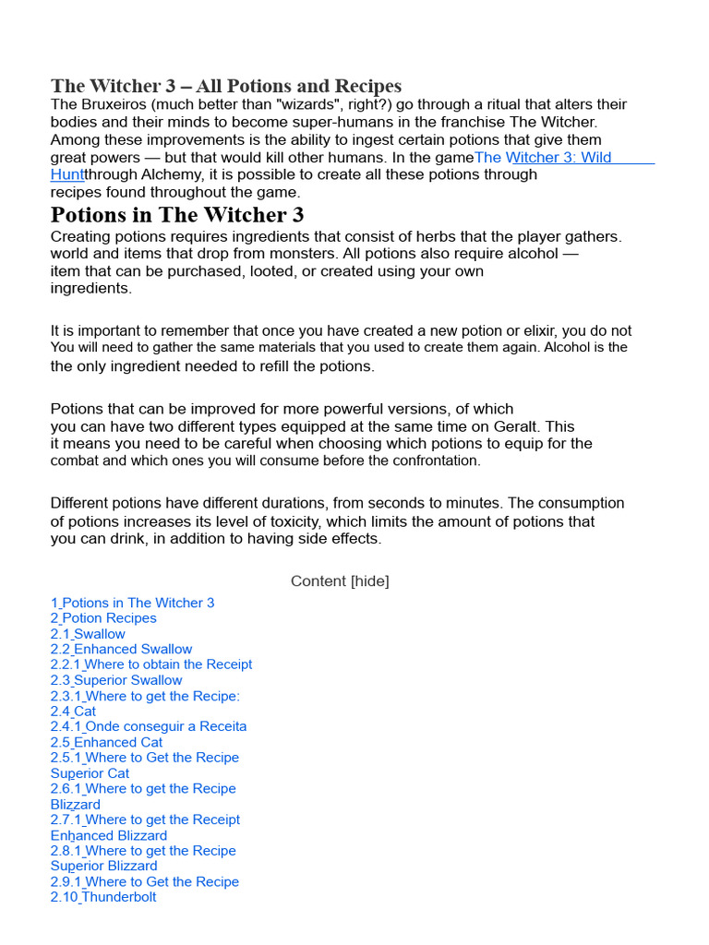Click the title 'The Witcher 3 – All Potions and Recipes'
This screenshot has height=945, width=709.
click(226, 87)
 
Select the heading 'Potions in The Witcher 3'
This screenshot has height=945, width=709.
click(177, 215)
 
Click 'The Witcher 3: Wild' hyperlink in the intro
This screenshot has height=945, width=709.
click(543, 158)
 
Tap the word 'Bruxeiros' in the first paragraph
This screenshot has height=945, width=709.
click(115, 105)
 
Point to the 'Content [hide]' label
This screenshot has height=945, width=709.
click(340, 581)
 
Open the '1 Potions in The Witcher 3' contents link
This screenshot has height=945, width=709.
click(132, 603)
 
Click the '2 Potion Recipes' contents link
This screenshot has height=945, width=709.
click(103, 618)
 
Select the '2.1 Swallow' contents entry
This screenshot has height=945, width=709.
click(88, 634)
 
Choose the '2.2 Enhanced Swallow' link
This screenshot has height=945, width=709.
click(121, 649)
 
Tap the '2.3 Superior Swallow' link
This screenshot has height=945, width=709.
click(116, 680)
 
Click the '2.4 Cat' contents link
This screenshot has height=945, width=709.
click(73, 712)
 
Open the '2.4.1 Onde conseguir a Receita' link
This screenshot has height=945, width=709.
click(149, 726)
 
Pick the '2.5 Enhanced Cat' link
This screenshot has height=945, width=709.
click(106, 742)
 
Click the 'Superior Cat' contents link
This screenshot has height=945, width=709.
click(90, 773)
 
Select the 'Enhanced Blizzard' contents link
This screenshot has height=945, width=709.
click(109, 835)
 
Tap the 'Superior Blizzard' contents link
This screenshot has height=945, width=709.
click(103, 866)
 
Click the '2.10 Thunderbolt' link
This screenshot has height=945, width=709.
click(103, 897)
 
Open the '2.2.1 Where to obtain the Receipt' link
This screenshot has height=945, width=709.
click(151, 664)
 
